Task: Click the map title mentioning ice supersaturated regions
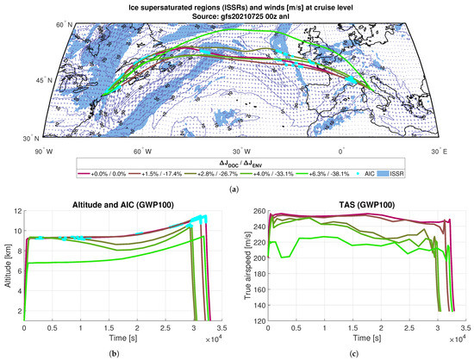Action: [x=237, y=6]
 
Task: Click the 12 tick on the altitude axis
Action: [x=19, y=214]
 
